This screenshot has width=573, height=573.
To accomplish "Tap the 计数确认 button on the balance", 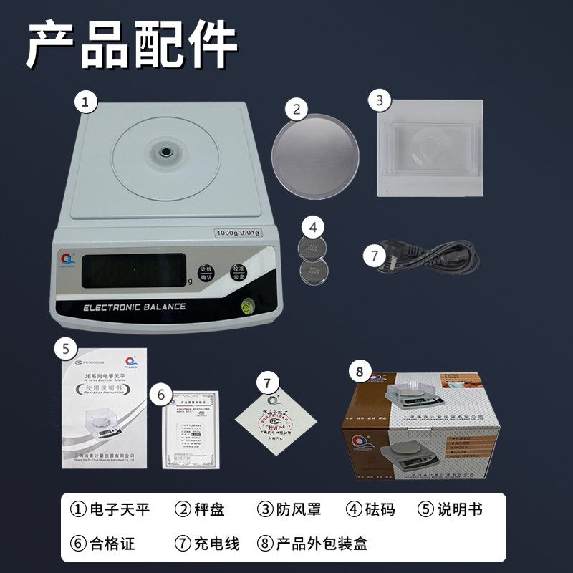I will (x=207, y=271).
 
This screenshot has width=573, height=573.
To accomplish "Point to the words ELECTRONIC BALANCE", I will (x=135, y=307).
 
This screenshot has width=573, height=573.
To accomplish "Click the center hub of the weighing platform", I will (x=165, y=152).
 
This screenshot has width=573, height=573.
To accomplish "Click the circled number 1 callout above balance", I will (x=86, y=102).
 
